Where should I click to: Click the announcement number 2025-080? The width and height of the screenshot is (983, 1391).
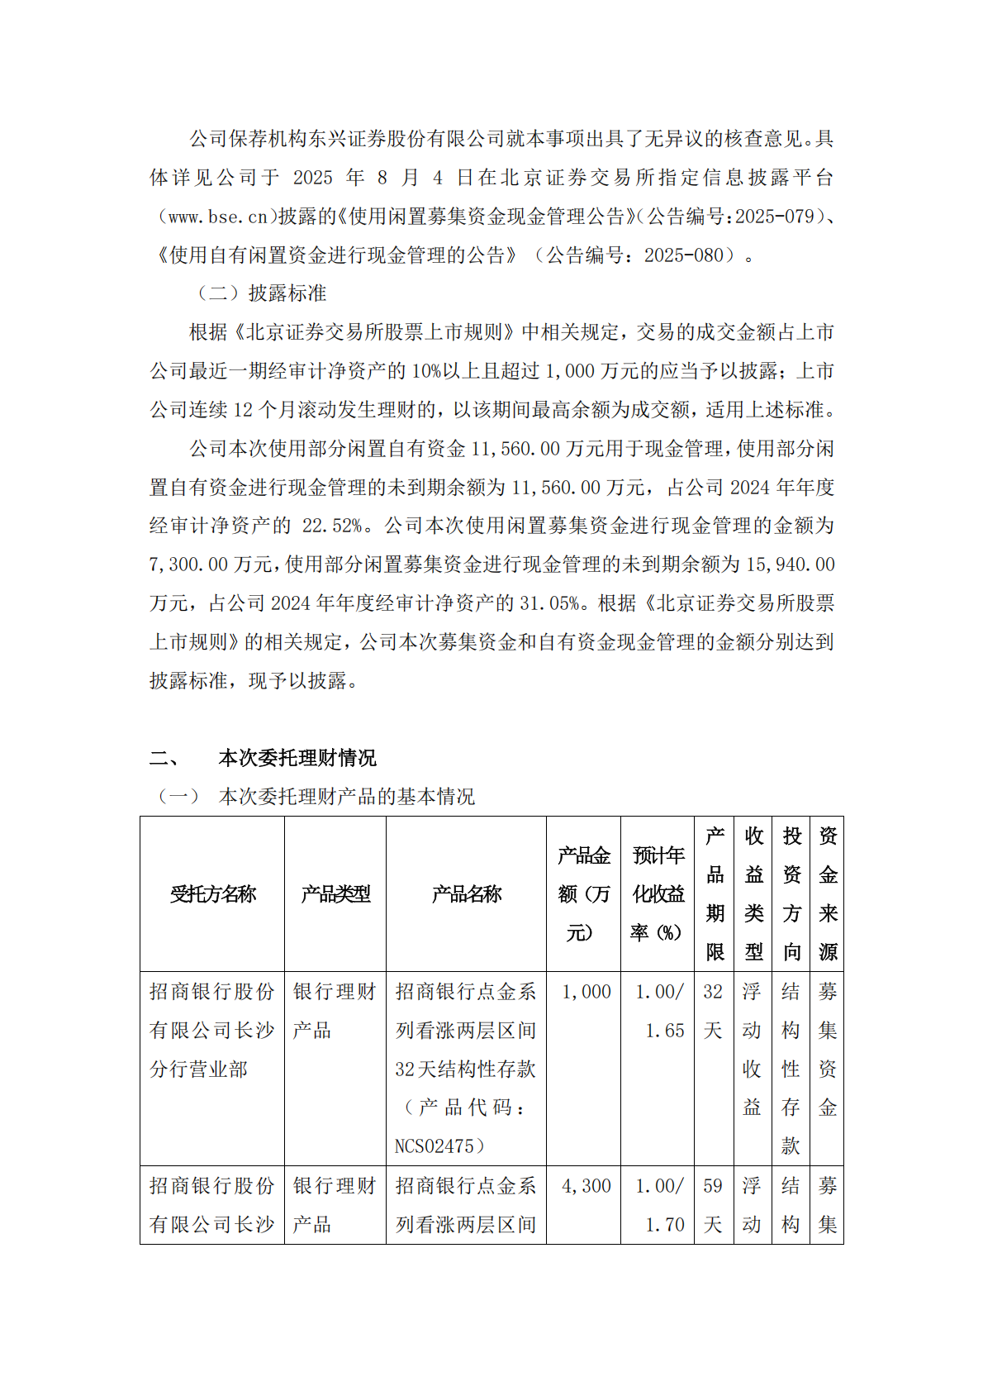coord(683,255)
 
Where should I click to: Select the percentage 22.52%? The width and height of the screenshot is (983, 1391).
coord(332,526)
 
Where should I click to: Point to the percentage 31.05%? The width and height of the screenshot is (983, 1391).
coord(549,603)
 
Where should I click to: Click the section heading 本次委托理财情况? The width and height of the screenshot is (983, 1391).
coord(297,758)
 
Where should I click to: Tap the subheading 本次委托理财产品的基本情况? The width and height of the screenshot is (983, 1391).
coord(346,797)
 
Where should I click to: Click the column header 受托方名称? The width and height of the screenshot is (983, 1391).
coord(212,894)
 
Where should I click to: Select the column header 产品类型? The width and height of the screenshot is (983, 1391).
coord(335,894)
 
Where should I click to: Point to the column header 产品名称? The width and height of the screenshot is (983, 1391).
coord(466,894)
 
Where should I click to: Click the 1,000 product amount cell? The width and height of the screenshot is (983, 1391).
coord(586,992)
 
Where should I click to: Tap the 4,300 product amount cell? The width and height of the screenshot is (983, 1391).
coord(586,1186)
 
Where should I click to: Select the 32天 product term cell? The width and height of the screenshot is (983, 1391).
coord(713,1011)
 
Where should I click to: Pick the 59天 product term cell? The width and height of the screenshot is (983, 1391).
coord(713,1205)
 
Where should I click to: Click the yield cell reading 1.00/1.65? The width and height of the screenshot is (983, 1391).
coord(660,1011)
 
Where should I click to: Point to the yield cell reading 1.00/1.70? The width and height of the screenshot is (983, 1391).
coord(660,1205)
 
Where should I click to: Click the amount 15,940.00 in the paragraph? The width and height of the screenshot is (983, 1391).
coord(791,564)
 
